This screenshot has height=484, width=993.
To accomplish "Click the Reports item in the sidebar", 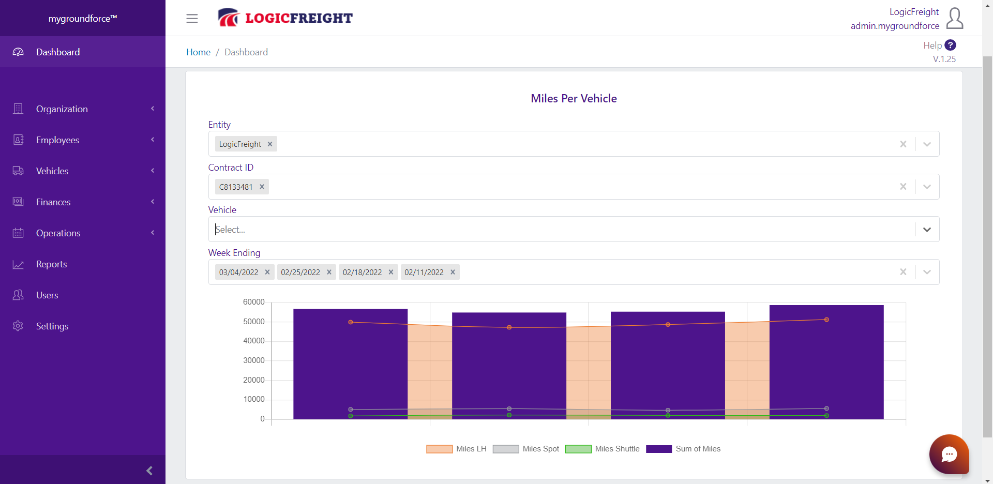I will [x=51, y=264].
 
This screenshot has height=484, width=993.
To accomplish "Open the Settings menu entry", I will [x=52, y=326].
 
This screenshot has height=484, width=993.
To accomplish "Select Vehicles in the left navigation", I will [x=52, y=171].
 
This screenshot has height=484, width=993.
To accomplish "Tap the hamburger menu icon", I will [x=192, y=19].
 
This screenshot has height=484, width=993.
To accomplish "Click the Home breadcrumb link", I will [x=198, y=52].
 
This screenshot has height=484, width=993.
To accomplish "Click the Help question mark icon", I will [x=950, y=46].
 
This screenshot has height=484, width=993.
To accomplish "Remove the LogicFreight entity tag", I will [x=270, y=144].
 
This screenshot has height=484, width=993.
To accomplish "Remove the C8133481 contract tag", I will [x=262, y=187].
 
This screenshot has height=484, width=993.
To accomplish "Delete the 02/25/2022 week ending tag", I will [x=329, y=273].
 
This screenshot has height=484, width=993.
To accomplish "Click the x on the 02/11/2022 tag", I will [x=453, y=273].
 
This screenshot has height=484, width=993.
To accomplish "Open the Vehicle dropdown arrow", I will [x=927, y=230].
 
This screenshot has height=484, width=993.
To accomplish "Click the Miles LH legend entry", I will [x=456, y=449].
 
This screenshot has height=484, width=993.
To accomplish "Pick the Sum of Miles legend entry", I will [x=683, y=449].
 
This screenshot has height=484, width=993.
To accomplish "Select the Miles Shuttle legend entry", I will [x=603, y=449].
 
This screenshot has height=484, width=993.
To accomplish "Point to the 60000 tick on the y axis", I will [x=253, y=302].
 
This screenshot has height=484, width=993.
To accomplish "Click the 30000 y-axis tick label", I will [x=253, y=360].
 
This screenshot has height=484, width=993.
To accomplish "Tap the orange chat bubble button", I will [x=949, y=454].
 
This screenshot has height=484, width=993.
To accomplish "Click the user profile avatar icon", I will [x=954, y=19].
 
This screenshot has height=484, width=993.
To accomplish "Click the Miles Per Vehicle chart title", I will [x=574, y=99].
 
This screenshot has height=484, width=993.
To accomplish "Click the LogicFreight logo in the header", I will [x=285, y=18].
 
